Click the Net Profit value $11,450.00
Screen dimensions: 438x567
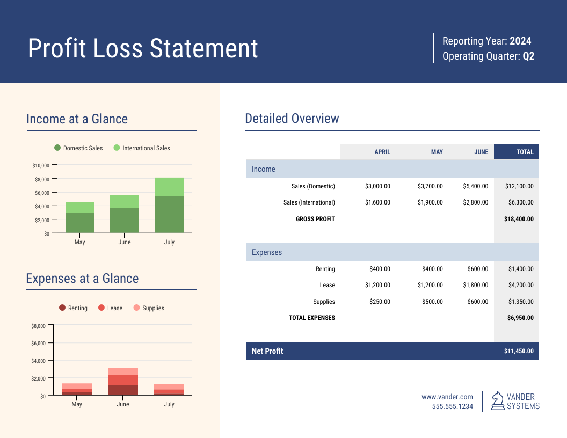[x=519, y=351]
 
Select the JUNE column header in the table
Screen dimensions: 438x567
[x=481, y=152]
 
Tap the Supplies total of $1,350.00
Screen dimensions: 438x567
[x=520, y=302]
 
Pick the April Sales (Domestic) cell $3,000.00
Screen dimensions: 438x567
[x=377, y=186]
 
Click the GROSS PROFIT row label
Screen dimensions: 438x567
[x=315, y=219]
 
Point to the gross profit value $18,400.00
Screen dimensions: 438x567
[x=519, y=219]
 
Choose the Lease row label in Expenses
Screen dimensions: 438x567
[x=327, y=286]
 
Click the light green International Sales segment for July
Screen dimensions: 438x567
[x=169, y=187]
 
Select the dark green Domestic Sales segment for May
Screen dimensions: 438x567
[x=80, y=223]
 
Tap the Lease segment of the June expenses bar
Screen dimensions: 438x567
[x=123, y=380]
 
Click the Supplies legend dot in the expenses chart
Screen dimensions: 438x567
[x=136, y=308]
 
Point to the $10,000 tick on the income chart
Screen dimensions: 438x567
[x=41, y=165]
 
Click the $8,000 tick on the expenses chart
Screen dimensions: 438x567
[x=39, y=326]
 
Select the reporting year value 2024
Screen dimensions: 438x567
[x=520, y=41]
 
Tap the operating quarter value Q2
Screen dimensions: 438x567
[x=528, y=56]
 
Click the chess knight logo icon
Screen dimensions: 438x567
[x=498, y=401]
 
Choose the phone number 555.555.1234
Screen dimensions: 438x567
[x=453, y=407]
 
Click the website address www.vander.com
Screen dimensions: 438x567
[x=447, y=397]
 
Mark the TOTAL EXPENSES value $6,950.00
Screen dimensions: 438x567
[x=520, y=318]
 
